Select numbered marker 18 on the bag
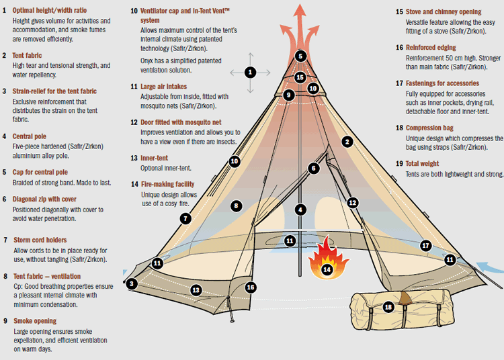(388, 306)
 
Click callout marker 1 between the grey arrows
(250, 71)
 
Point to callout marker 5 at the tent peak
(300, 56)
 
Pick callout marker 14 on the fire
(327, 269)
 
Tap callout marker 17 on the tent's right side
(425, 246)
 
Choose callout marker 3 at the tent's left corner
(132, 283)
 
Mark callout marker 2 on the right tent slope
(347, 141)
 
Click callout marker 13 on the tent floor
(196, 289)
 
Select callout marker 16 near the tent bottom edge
(250, 287)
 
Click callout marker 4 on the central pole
(301, 209)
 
